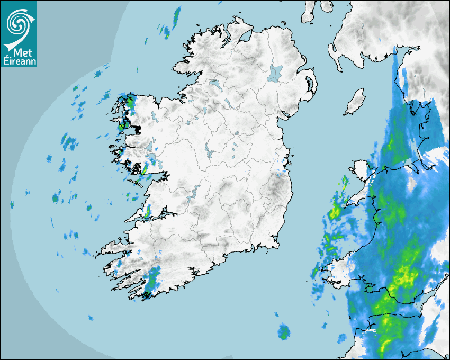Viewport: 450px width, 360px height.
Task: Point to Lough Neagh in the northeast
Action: click(x=275, y=73)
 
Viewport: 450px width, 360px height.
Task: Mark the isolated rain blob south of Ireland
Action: click(x=284, y=332)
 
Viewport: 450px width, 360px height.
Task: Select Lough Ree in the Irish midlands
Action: click(x=209, y=152)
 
